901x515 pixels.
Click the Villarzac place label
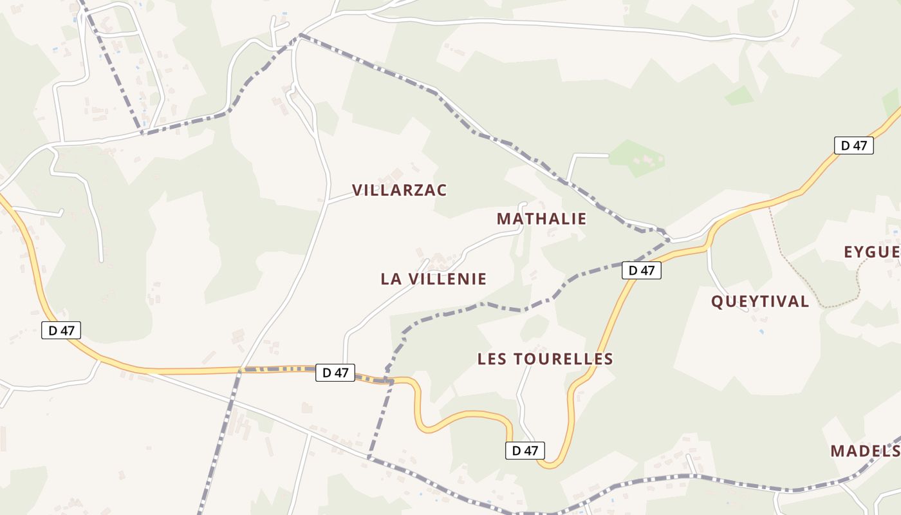click(x=399, y=190)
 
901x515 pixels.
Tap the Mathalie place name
click(x=541, y=219)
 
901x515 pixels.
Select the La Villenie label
click(x=433, y=279)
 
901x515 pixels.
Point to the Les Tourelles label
click(x=545, y=359)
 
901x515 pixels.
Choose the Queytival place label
click(x=759, y=301)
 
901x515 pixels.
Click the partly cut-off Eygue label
click(x=872, y=252)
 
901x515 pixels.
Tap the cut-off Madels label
click(x=866, y=451)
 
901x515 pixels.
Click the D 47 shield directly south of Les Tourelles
click(x=525, y=451)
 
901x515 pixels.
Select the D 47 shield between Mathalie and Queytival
click(x=642, y=270)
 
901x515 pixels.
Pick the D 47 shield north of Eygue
click(x=854, y=145)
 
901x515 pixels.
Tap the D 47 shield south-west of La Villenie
click(x=335, y=372)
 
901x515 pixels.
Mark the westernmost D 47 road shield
click(x=61, y=331)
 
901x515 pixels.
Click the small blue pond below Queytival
click(x=761, y=332)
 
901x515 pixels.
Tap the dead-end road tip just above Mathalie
click(x=523, y=205)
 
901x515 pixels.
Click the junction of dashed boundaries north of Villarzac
click(x=300, y=36)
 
